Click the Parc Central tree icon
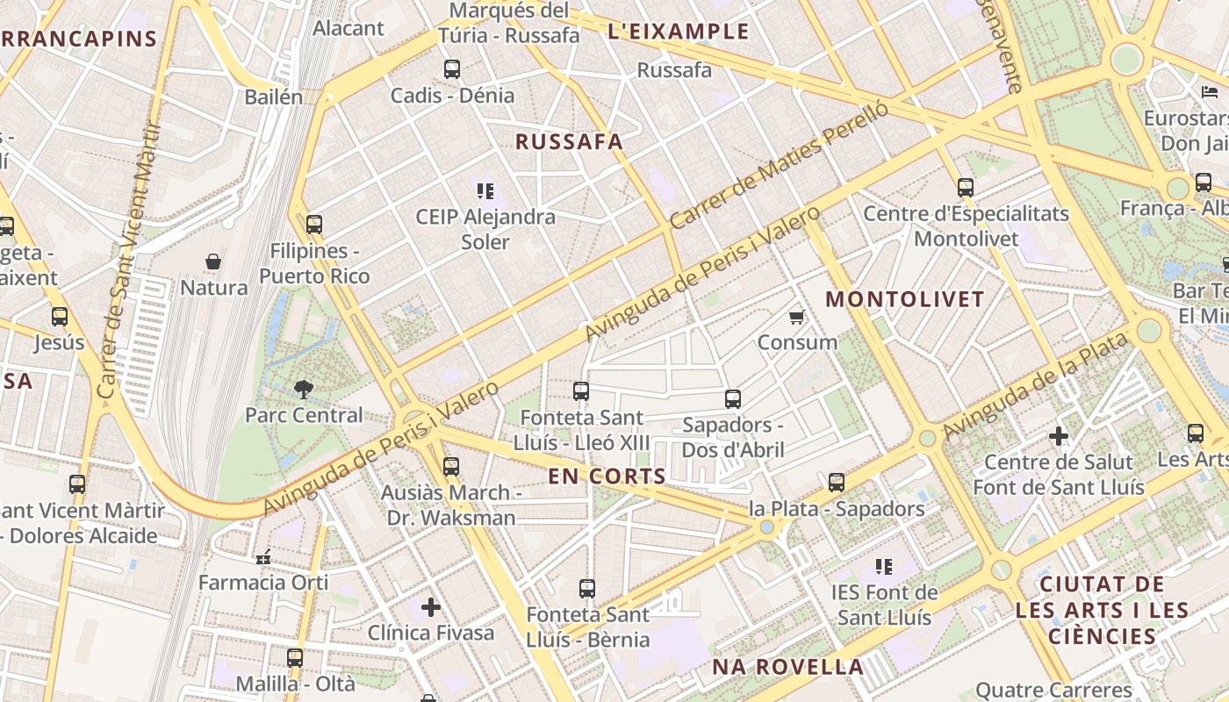point(304,388)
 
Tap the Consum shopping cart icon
point(796,317)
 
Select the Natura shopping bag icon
point(213,261)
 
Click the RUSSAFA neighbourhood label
point(569,141)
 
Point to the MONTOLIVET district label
point(905,299)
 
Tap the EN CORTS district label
point(607,476)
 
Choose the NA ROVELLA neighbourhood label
point(787,667)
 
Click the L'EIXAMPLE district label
point(679,32)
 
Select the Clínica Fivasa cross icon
point(431,606)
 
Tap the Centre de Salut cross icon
point(1059,435)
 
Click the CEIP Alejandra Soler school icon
point(485,190)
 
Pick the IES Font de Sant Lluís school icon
point(884,567)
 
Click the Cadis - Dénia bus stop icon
point(452,69)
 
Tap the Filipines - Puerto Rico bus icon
point(314,225)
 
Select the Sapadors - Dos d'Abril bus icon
point(733,399)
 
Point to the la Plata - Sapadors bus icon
point(837,483)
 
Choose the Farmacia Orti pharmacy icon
point(263,556)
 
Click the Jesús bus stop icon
point(60,317)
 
